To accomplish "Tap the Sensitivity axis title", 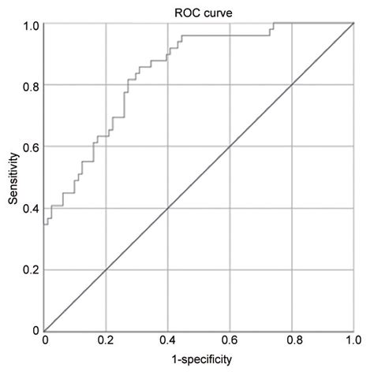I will (13, 177).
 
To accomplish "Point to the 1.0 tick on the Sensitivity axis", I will (29, 25).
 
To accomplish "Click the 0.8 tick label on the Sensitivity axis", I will (29, 85).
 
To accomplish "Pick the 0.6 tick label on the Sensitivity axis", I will (29, 147).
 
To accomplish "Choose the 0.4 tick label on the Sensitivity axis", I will (29, 208).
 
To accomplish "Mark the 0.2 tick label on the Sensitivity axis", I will (29, 269).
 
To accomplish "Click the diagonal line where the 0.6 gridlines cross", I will (230, 147).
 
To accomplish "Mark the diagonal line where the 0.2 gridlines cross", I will (106, 269).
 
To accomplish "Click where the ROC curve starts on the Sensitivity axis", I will (44, 225).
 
